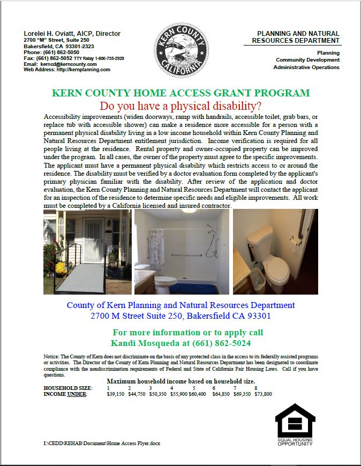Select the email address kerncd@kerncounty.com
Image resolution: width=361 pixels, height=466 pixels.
[x=69, y=64]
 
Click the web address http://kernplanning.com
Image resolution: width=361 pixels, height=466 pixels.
[x=83, y=70]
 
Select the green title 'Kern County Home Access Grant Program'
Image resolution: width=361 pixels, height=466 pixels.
[x=180, y=93]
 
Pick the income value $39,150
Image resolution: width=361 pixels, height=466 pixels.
[x=116, y=394]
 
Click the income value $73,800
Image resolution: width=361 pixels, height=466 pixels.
[x=262, y=394]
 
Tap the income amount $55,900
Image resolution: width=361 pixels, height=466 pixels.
[x=179, y=394]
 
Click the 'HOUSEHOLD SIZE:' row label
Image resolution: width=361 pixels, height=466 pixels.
[x=67, y=388]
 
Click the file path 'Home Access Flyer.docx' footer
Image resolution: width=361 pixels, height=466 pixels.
[x=102, y=444]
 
